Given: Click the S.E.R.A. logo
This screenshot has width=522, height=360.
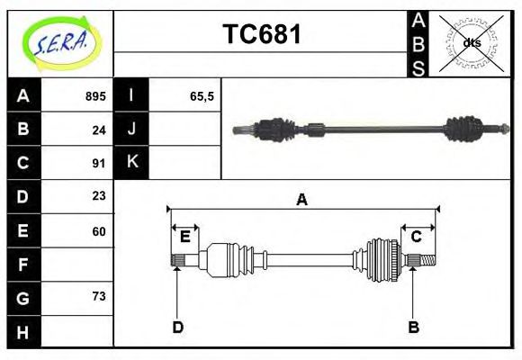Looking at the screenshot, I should pyautogui.click(x=59, y=42).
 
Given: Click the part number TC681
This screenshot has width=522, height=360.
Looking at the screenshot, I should pyautogui.click(x=262, y=34).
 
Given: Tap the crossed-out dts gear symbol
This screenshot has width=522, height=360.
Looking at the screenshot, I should pyautogui.click(x=472, y=42).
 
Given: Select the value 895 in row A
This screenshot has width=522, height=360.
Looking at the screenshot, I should pyautogui.click(x=94, y=96).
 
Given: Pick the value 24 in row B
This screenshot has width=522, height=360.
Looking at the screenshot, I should pyautogui.click(x=98, y=130).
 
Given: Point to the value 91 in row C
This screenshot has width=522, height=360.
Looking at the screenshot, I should pyautogui.click(x=98, y=163).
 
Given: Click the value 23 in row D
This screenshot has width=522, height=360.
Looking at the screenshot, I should pyautogui.click(x=98, y=196).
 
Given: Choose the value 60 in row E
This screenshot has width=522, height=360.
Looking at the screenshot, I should pyautogui.click(x=98, y=230).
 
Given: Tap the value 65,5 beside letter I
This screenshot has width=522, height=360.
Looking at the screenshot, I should pyautogui.click(x=202, y=96).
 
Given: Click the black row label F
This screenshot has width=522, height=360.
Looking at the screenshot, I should pyautogui.click(x=23, y=265).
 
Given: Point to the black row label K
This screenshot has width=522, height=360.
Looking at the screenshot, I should pyautogui.click(x=132, y=163).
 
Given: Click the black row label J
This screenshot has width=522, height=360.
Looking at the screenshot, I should pyautogui.click(x=132, y=130).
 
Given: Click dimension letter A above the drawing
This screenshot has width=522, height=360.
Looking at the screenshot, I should pyautogui.click(x=302, y=200).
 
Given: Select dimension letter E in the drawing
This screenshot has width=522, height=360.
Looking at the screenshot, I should pyautogui.click(x=184, y=237).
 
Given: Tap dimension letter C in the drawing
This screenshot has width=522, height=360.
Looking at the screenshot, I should pyautogui.click(x=417, y=237).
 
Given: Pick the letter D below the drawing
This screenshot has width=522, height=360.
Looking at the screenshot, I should pyautogui.click(x=177, y=328).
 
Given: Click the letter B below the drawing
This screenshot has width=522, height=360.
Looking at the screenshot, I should pyautogui.click(x=413, y=328).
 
